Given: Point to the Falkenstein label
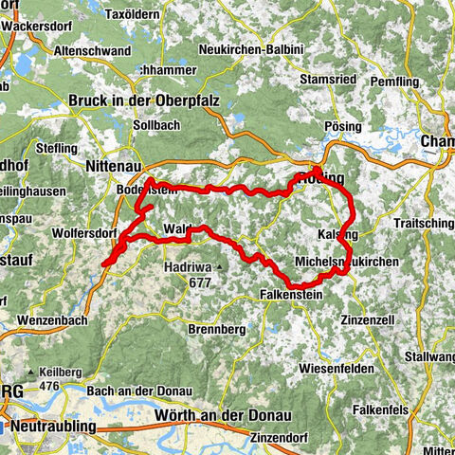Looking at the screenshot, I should point(298,296).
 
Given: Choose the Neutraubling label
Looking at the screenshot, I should point(56,428).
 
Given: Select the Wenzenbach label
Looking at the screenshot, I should point(53,321).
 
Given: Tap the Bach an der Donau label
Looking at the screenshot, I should point(138,391).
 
